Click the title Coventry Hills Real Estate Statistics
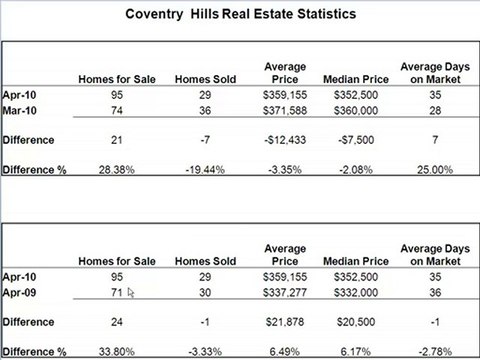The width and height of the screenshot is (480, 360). pos(241,16)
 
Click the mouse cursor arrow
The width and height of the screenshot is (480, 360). pos(130,293)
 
